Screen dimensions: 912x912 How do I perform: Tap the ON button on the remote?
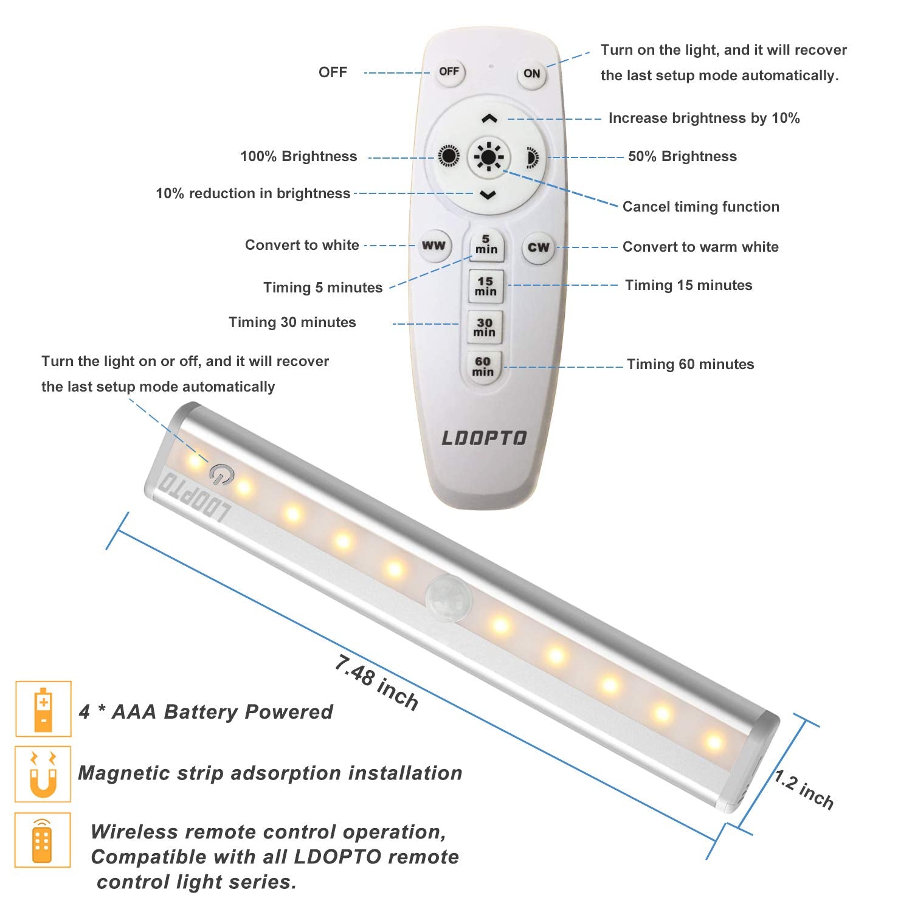(531, 74)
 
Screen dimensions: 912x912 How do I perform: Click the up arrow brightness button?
(489, 119)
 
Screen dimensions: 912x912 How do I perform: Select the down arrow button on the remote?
(488, 195)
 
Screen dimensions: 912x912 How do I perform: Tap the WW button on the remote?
(434, 246)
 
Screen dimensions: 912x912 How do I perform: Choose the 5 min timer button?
(486, 244)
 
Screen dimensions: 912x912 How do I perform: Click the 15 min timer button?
(485, 286)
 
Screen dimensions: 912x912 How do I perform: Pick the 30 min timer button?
(484, 327)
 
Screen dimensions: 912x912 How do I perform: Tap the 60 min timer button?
(483, 366)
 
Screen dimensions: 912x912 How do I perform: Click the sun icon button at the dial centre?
(488, 157)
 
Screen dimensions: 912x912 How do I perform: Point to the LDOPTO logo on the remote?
(483, 438)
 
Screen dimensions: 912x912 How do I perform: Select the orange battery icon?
(43, 709)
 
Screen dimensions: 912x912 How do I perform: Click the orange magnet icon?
(43, 774)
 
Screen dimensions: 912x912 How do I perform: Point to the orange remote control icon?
(43, 840)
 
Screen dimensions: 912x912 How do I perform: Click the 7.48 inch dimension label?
(376, 682)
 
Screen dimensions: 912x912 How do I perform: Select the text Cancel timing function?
(700, 207)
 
